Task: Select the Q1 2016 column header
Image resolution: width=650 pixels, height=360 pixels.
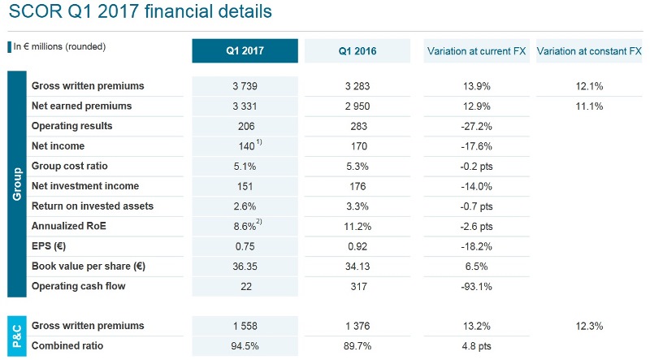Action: (x=357, y=50)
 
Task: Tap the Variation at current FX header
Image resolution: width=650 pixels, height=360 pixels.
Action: (x=476, y=50)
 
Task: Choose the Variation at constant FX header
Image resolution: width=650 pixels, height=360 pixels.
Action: (x=589, y=50)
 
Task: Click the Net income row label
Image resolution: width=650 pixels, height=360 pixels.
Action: (x=58, y=146)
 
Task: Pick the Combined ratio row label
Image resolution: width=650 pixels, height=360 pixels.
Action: (x=70, y=346)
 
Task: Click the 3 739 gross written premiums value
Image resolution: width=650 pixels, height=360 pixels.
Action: (x=245, y=86)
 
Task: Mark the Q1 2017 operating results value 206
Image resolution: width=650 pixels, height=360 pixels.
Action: (x=245, y=126)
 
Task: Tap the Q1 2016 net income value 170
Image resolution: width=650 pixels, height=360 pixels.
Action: (x=357, y=146)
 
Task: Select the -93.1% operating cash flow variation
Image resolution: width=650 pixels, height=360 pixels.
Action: (x=476, y=286)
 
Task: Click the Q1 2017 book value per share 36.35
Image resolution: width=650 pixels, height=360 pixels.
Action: (x=245, y=266)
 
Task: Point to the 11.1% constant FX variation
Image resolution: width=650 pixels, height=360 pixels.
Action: (x=589, y=106)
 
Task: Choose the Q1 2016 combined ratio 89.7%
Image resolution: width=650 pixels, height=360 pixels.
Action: (x=357, y=346)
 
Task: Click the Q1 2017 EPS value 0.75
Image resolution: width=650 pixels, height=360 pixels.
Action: (x=245, y=246)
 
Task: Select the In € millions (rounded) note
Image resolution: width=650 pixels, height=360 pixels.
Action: (x=59, y=46)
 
